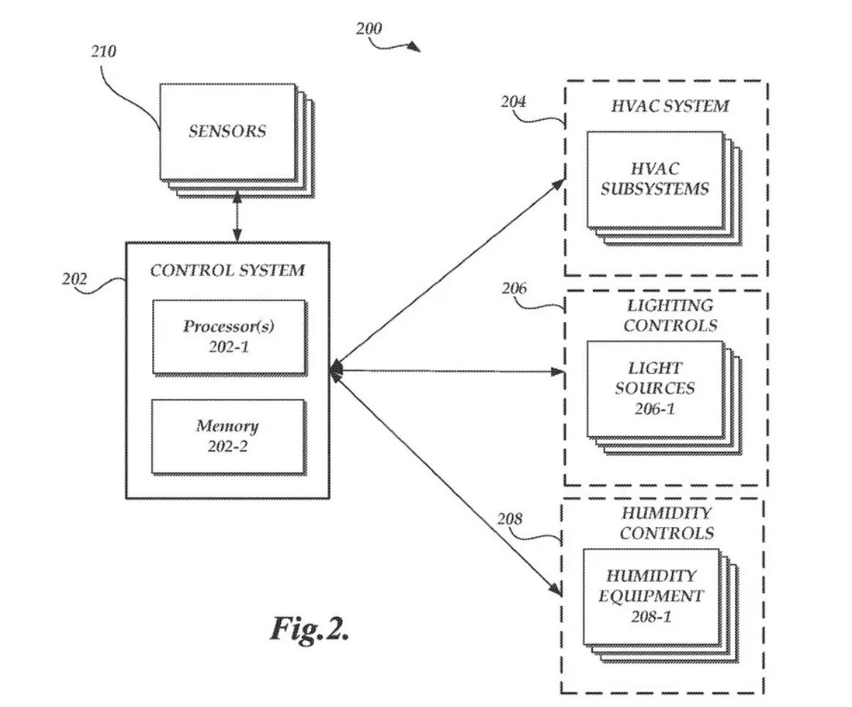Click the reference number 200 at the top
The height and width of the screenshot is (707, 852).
click(369, 29)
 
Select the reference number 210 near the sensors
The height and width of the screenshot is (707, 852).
click(104, 52)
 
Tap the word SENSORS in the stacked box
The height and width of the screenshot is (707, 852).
click(228, 132)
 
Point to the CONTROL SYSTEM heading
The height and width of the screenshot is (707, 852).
click(228, 270)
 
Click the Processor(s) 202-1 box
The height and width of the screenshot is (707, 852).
click(228, 337)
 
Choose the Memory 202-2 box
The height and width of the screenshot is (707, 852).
click(228, 435)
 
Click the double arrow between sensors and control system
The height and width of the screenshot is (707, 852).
click(236, 216)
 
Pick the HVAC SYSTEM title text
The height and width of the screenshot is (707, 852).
click(670, 106)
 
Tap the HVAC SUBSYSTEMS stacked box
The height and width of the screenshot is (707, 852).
click(654, 179)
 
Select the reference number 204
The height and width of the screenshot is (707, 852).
click(513, 102)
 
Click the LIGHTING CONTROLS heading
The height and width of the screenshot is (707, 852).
click(670, 315)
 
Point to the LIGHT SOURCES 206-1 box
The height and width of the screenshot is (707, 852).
click(654, 388)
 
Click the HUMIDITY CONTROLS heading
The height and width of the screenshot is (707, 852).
click(666, 523)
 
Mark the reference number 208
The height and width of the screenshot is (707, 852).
click(509, 519)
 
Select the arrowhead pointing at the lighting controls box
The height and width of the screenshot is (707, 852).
click(558, 372)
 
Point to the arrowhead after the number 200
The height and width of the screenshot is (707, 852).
click(414, 48)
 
